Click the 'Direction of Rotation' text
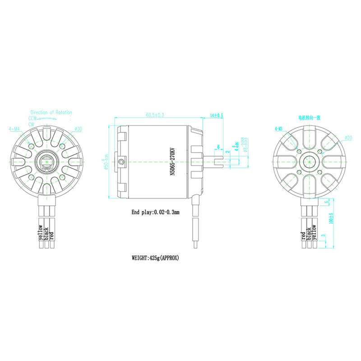(51, 112)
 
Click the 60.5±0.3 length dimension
(155, 115)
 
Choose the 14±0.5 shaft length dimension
(217, 116)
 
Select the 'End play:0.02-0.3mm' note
(156, 212)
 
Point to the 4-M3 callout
(278, 129)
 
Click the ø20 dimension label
(348, 137)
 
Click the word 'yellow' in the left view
(41, 233)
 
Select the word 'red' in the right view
(303, 236)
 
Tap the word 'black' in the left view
(46, 234)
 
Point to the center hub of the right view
(309, 161)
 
